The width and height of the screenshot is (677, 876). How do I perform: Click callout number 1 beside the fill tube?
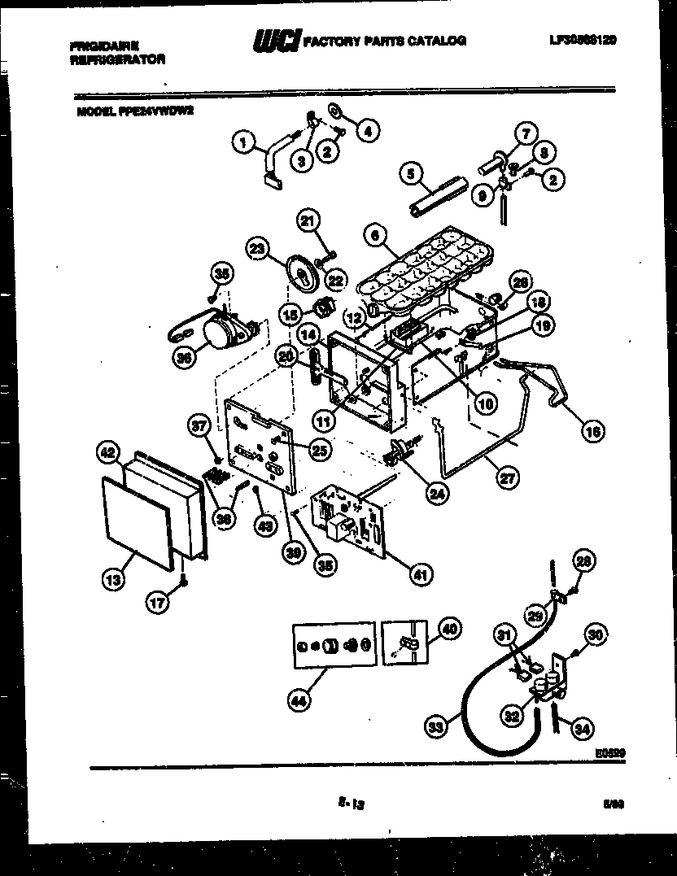(242, 143)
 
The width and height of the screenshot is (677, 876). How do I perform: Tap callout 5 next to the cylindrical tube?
(411, 172)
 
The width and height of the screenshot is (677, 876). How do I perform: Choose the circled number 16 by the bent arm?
(592, 432)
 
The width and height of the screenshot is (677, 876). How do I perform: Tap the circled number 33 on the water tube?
(437, 727)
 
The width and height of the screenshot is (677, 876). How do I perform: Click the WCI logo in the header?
(277, 41)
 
